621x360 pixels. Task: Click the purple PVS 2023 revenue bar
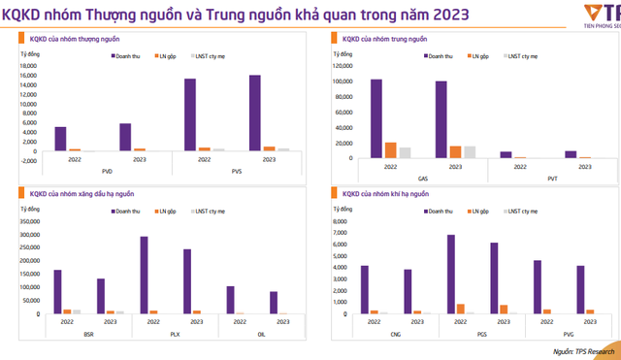(x=254, y=113)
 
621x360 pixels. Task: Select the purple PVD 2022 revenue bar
(x=60, y=139)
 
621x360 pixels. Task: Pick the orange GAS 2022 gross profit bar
(x=391, y=149)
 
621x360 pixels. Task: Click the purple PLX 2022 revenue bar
(x=145, y=276)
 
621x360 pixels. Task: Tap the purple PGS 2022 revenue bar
(x=451, y=274)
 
